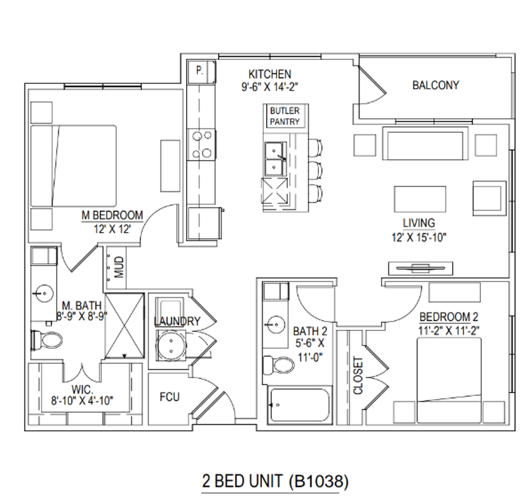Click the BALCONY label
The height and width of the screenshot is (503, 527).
point(436,85)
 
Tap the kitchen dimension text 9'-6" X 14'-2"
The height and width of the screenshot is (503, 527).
point(270,87)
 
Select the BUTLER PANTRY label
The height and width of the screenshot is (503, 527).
point(284,116)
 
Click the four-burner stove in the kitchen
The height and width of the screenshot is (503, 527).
point(201,145)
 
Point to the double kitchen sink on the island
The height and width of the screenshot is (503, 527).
point(276,159)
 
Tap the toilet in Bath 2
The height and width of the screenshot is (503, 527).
point(278,365)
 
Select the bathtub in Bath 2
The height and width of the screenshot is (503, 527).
point(300,405)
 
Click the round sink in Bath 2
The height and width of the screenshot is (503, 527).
point(275,325)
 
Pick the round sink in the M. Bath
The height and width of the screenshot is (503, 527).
point(44,293)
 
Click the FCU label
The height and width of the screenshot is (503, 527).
point(170,397)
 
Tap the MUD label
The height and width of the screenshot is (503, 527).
point(119,267)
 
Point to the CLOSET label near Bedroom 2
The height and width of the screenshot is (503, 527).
point(358,375)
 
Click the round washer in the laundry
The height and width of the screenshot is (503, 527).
point(171,346)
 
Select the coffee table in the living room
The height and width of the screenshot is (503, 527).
point(420,199)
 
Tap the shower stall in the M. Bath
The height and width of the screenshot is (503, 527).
point(125,326)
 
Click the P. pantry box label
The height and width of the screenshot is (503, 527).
point(200,70)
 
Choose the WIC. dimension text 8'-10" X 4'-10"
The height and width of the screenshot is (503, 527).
point(82,401)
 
